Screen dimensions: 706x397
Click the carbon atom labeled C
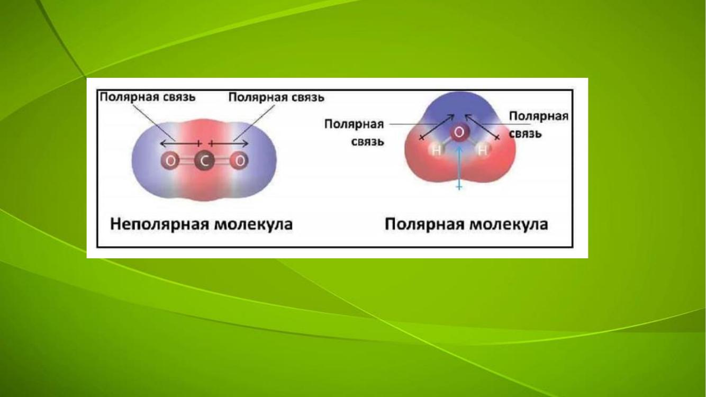click(x=205, y=161)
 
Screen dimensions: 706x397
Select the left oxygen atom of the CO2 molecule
click(x=170, y=161)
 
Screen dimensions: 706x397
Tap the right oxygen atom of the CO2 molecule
click(x=239, y=161)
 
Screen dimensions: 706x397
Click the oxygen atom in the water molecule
click(x=459, y=133)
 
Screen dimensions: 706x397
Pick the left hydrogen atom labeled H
click(x=437, y=150)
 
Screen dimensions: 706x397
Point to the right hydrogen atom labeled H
click(x=483, y=150)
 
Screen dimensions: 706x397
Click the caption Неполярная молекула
click(x=202, y=225)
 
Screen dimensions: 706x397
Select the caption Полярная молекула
click(x=466, y=225)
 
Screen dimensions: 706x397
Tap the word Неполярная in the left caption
click(x=159, y=225)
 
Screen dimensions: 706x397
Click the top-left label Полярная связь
click(x=148, y=97)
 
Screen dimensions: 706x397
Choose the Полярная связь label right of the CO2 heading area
click(x=276, y=97)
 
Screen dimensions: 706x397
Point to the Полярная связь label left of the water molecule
click(x=354, y=133)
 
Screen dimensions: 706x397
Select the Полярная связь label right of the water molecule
click(x=539, y=125)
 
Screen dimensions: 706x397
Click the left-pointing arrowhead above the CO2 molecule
click(x=162, y=144)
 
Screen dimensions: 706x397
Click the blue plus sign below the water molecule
click(x=459, y=187)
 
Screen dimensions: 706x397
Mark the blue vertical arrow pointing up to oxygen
click(x=459, y=167)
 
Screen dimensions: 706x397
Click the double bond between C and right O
click(x=222, y=161)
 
